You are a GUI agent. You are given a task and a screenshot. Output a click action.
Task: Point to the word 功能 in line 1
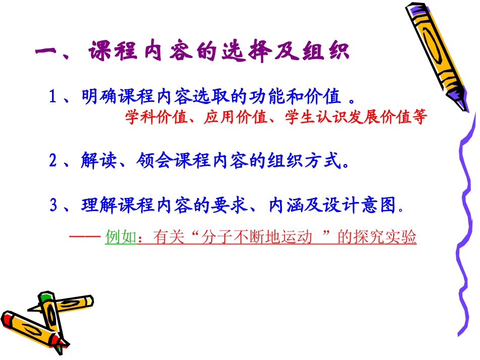click(272, 96)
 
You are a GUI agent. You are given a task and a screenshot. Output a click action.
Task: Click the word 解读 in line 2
click(99, 162)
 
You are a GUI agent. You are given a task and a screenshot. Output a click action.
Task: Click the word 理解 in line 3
click(99, 205)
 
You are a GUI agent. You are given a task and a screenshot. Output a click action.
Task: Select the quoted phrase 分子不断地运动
click(253, 237)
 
